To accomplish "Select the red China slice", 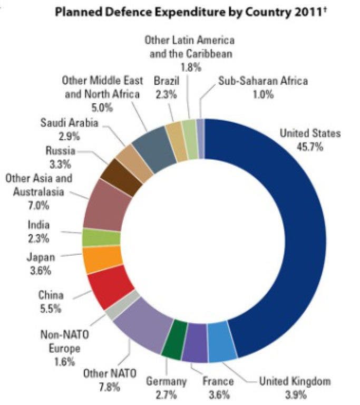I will pyautogui.click(x=110, y=287).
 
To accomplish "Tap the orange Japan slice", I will pyautogui.click(x=102, y=259).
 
